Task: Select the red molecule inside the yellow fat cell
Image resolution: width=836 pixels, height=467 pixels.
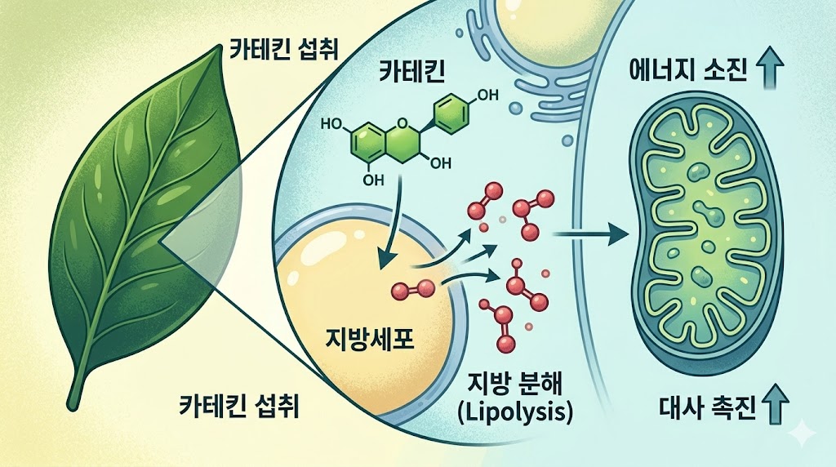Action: pos(413,287)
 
